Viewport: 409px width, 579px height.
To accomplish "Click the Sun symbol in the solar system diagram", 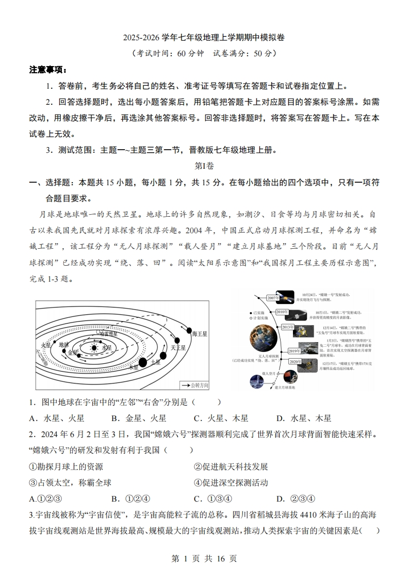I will pyautogui.click(x=94, y=348).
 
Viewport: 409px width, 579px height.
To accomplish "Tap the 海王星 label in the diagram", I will pyautogui.click(x=199, y=334).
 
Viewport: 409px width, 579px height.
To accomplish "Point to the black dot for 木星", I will pyautogui.click(x=143, y=363).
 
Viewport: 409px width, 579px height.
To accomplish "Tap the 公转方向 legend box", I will pyautogui.click(x=193, y=385).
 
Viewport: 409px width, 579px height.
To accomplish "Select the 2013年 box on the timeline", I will pyautogui.click(x=287, y=327).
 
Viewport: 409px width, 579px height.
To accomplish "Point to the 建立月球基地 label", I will pyautogui.click(x=284, y=387).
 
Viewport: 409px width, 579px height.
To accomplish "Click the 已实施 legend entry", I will pyautogui.click(x=256, y=313).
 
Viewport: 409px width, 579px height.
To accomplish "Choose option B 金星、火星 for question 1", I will pyautogui.click(x=138, y=418).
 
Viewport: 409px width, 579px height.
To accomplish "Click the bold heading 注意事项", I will pyautogui.click(x=48, y=70).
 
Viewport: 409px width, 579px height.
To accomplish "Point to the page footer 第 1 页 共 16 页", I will pyautogui.click(x=204, y=558).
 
